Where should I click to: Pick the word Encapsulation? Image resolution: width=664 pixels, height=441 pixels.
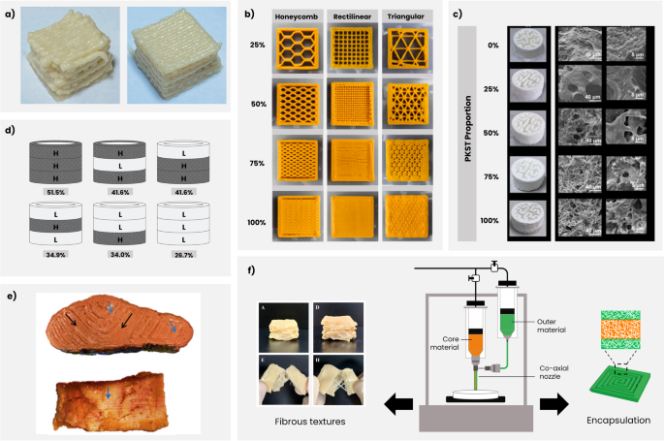pos(611,422)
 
